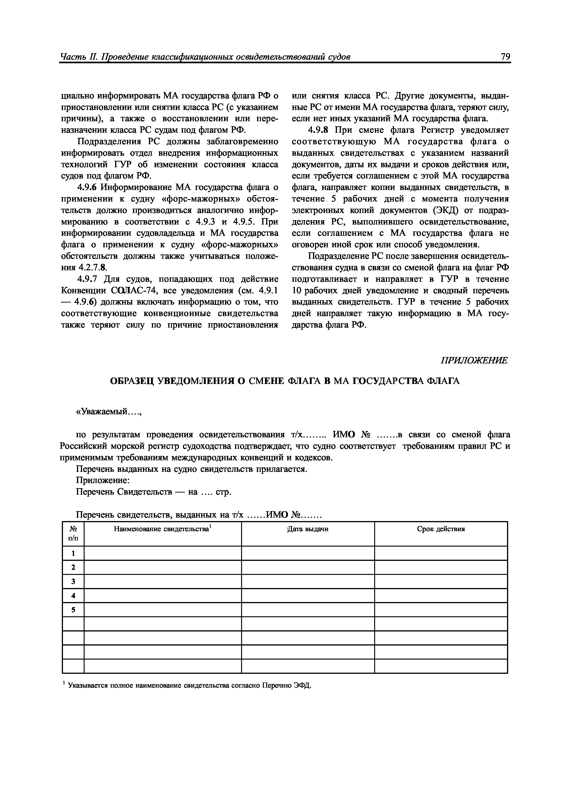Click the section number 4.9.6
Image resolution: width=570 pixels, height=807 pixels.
(87, 187)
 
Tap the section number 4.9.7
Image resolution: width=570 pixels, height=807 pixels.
(87, 279)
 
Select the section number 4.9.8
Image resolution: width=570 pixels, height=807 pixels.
(318, 130)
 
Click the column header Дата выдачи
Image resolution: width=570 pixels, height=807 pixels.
(308, 529)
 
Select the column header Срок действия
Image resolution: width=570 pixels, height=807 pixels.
(441, 529)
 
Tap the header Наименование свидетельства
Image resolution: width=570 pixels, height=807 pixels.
(162, 529)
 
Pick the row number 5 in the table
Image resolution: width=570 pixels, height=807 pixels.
(73, 610)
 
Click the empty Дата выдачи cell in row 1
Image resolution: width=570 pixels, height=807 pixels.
(308, 553)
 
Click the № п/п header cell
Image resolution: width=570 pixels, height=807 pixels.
(73, 533)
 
